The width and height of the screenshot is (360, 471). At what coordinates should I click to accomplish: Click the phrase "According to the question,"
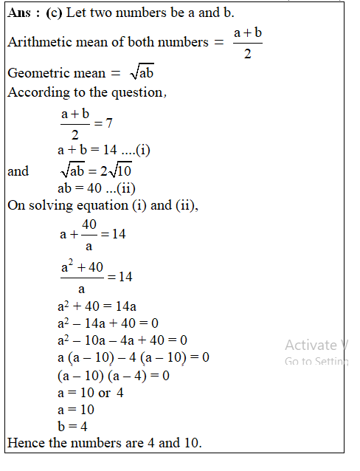coord(87,92)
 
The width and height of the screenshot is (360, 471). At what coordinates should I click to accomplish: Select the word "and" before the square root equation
coord(18,171)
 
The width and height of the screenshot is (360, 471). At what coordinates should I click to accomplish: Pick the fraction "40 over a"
coord(89,233)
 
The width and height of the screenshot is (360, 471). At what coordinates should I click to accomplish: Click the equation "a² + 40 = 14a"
coord(97,305)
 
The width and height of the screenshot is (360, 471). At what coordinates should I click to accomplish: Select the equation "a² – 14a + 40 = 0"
coord(108,323)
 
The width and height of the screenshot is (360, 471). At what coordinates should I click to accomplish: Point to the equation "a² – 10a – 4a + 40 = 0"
coord(122,340)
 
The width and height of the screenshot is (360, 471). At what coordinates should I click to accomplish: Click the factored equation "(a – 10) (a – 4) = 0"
coord(113,375)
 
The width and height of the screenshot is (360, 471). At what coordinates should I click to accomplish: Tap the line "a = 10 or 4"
coord(90,392)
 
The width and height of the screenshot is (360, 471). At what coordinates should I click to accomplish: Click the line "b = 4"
coord(72,427)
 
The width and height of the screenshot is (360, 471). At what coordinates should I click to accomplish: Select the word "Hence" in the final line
coord(25,444)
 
